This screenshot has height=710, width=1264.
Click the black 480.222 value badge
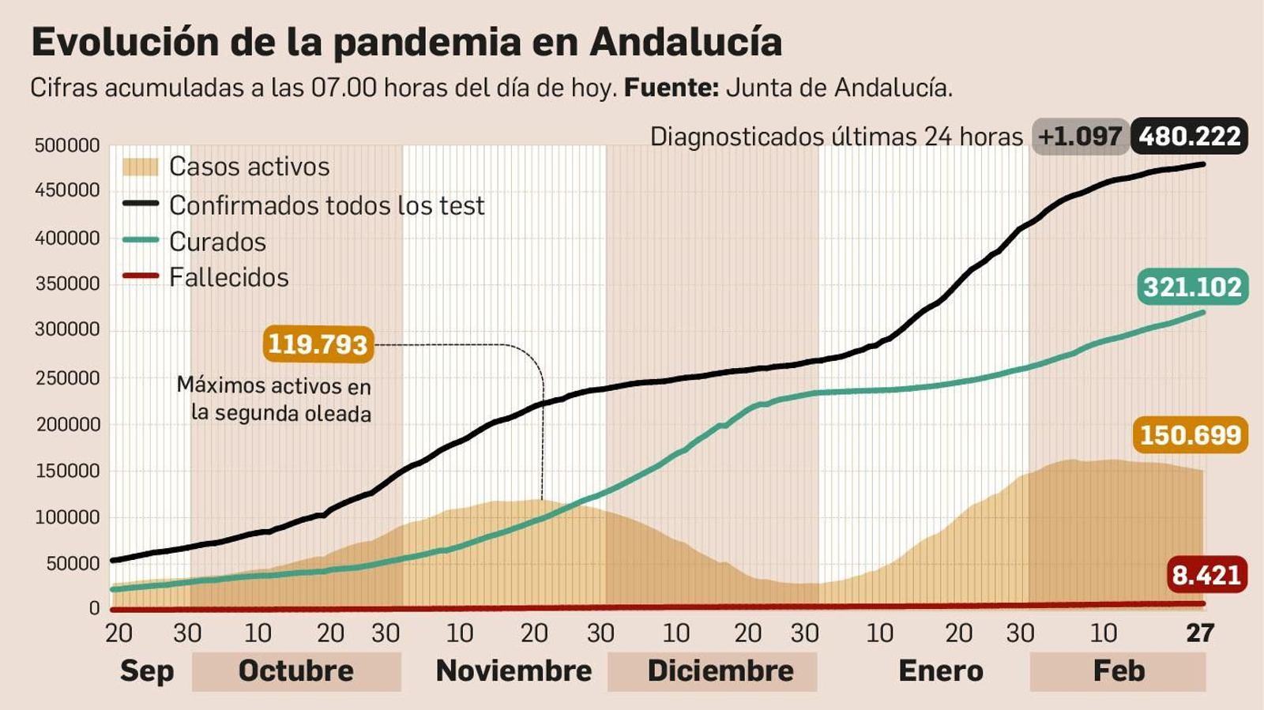1190,137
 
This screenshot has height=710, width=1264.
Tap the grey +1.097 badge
1079,137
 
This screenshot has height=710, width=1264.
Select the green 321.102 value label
1192,287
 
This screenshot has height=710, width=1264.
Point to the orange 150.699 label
1191,435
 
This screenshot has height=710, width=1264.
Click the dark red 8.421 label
1206,575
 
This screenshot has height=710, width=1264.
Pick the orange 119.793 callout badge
318,344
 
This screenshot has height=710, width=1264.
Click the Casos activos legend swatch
141,167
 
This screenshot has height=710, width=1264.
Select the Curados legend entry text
217,242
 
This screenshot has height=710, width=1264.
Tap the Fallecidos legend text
228,278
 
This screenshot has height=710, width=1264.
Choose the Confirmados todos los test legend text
326,205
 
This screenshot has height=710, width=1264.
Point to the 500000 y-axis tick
67,145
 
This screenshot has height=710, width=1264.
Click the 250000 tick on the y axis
67,378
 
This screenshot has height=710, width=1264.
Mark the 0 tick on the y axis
94,609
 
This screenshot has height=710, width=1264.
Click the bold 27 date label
1199,633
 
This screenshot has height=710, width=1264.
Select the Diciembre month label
720,671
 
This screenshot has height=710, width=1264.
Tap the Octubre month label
296,671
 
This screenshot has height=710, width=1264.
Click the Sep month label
146,671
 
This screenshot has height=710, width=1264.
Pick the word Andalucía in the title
686,42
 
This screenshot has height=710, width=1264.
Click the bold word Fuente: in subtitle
671,88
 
